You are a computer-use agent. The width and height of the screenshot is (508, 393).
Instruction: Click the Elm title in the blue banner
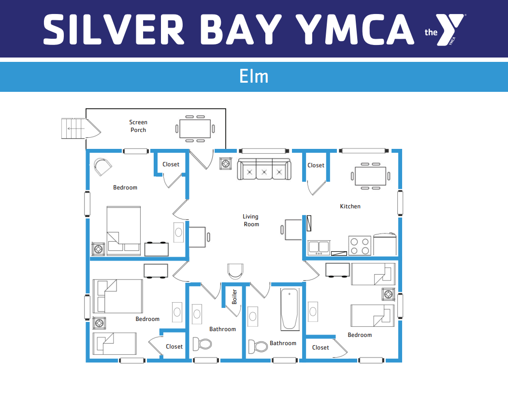(254, 76)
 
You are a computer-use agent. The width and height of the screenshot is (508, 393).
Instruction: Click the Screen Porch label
(138, 126)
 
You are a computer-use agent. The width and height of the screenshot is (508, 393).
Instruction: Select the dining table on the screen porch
(195, 129)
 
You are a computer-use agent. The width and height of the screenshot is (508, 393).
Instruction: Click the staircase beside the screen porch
(73, 129)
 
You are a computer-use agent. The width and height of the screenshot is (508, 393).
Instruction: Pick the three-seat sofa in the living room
(264, 169)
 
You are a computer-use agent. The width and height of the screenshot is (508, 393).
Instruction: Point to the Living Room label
(251, 220)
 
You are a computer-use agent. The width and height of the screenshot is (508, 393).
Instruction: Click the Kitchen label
(350, 206)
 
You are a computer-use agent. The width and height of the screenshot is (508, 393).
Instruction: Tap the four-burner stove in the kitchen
(360, 246)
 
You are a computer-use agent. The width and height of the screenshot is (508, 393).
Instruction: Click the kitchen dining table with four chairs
(370, 176)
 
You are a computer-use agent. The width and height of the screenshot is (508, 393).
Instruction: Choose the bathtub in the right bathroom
(290, 309)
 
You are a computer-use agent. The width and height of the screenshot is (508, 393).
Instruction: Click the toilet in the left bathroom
(202, 344)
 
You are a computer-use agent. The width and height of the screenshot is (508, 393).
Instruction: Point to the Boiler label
(234, 297)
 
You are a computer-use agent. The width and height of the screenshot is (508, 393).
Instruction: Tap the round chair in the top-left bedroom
(102, 167)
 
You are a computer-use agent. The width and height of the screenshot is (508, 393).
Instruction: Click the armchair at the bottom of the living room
(235, 271)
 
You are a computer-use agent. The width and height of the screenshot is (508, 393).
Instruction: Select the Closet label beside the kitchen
(316, 165)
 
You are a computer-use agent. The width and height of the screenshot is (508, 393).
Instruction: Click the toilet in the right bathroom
(258, 346)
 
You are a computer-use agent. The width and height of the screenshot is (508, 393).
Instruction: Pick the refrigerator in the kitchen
(385, 244)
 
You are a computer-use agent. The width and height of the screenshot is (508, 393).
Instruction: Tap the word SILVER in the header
(114, 29)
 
